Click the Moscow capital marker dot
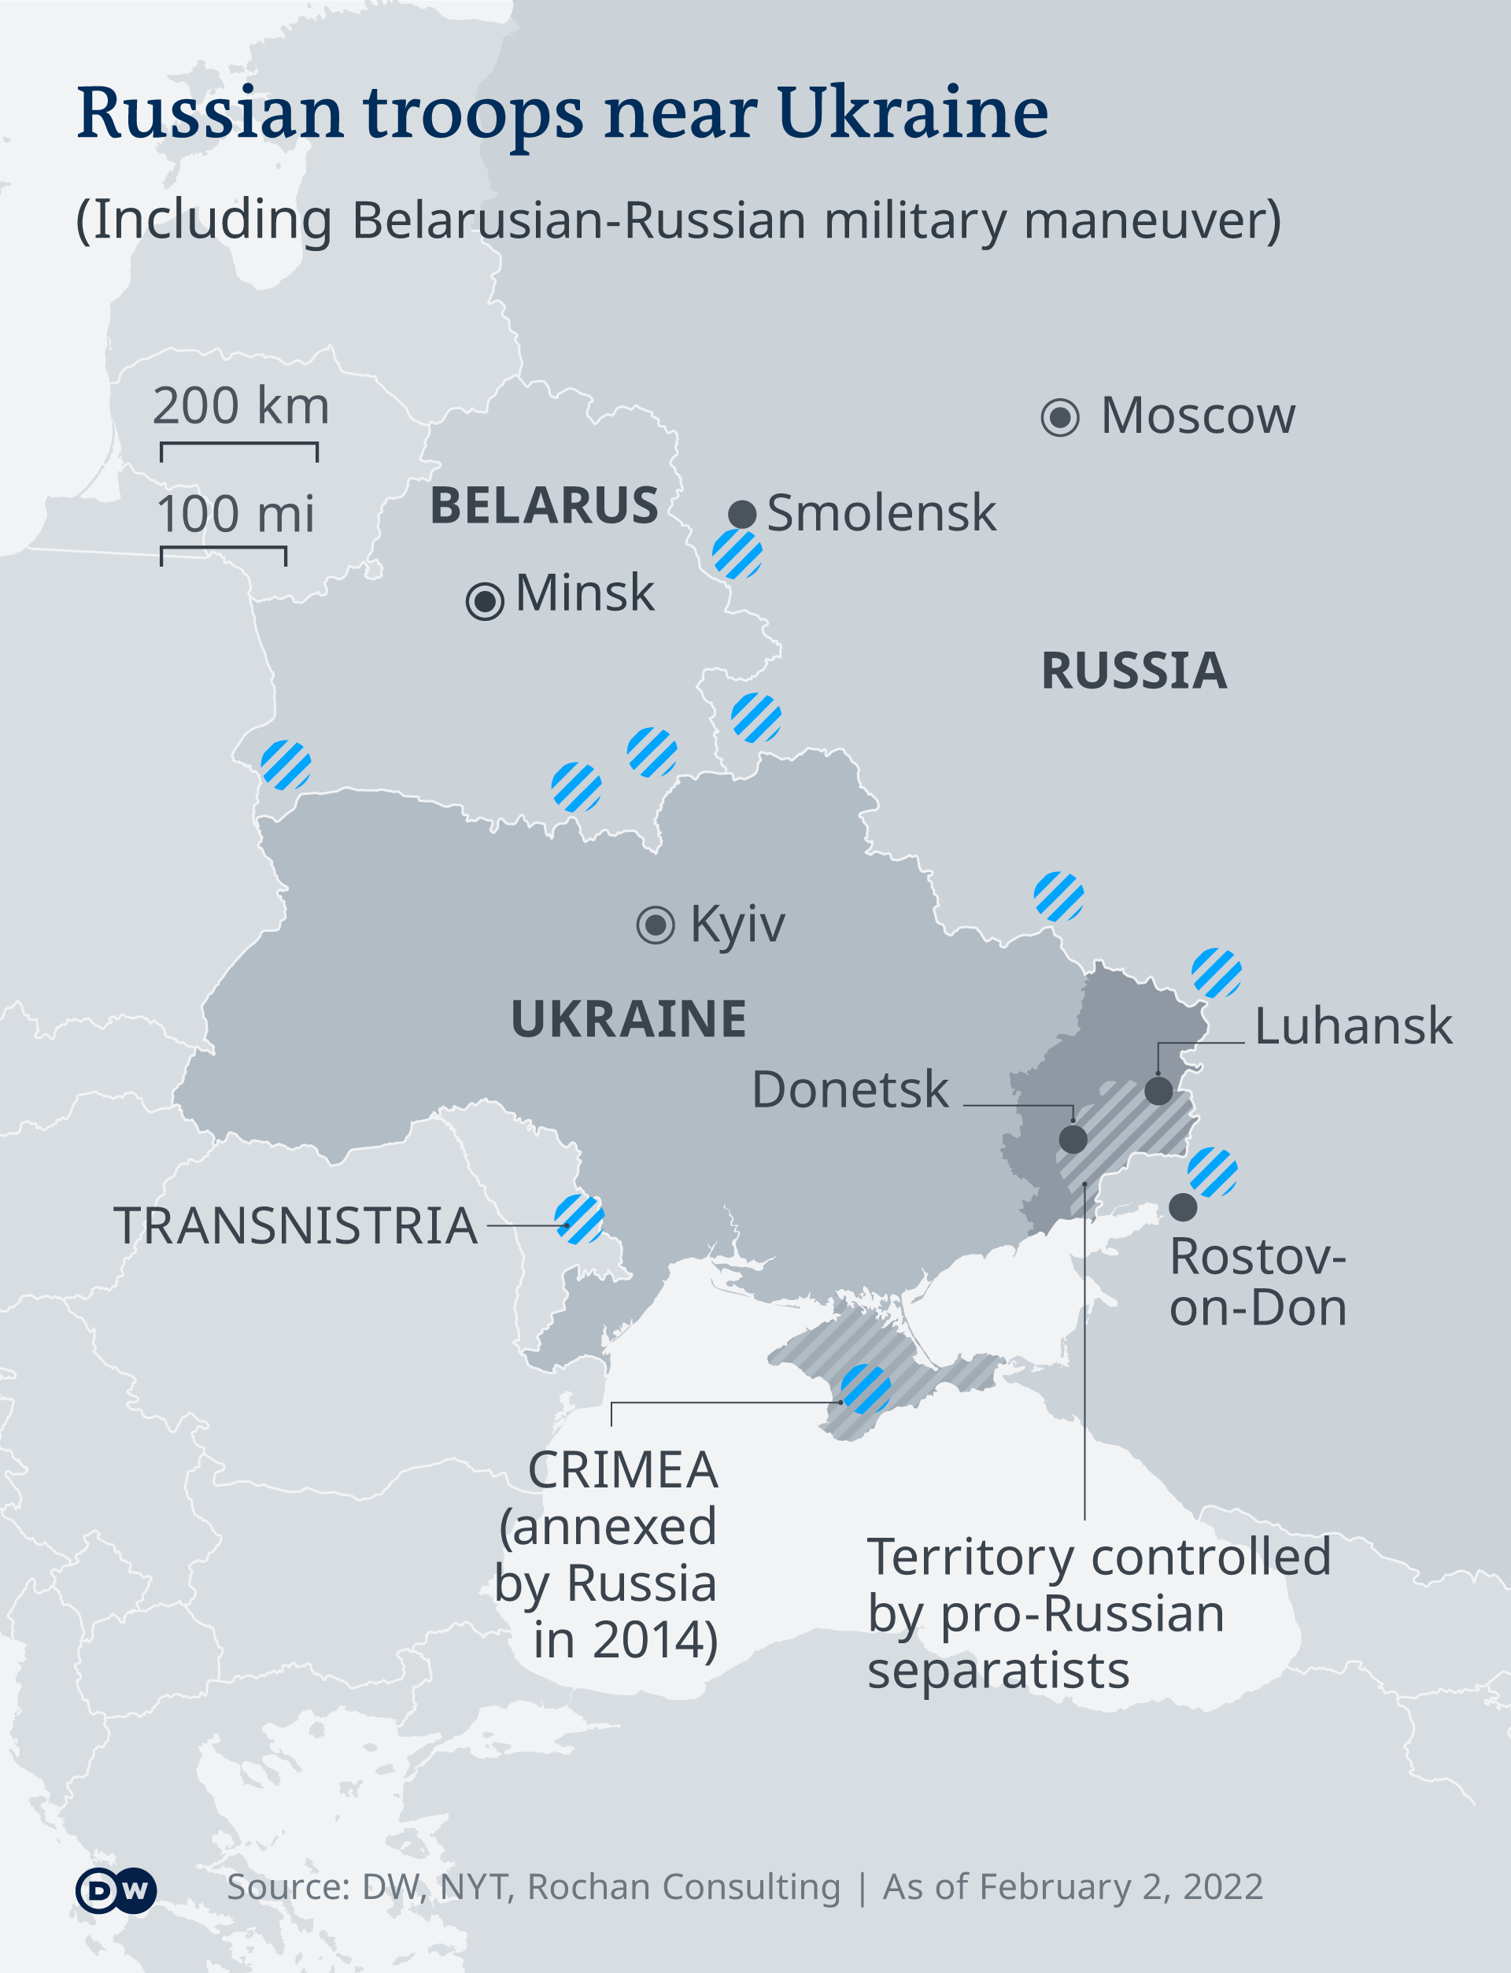[1059, 417]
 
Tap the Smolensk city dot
[742, 515]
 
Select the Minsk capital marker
[485, 600]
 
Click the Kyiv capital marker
[656, 925]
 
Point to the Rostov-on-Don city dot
[1183, 1206]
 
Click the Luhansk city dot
[1158, 1091]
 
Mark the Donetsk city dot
[1073, 1140]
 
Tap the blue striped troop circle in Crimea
[866, 1389]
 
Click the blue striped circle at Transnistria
[579, 1219]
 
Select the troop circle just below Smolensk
[737, 554]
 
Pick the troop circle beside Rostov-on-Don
[1213, 1172]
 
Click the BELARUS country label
[544, 505]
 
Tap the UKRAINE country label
[629, 1019]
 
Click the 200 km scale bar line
[239, 444]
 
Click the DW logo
[116, 1890]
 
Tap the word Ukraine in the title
[912, 113]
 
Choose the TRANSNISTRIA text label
[295, 1225]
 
